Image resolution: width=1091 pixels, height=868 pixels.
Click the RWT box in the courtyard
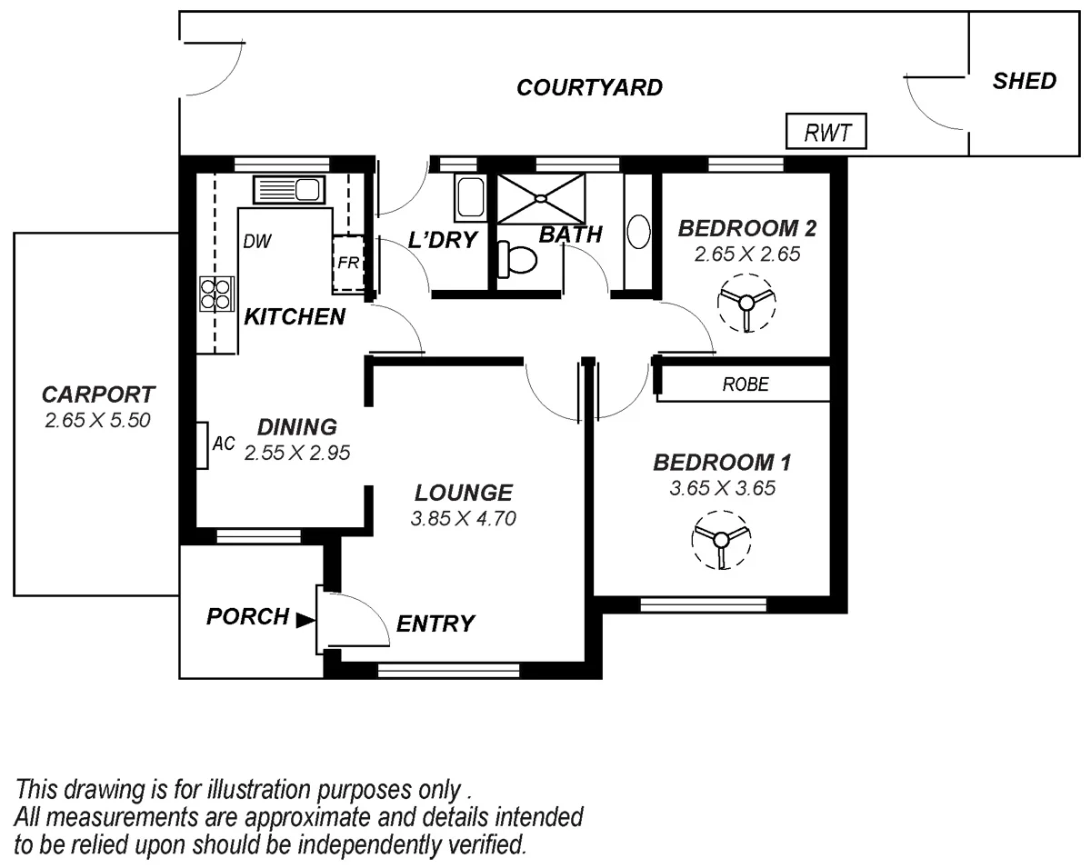(x=826, y=133)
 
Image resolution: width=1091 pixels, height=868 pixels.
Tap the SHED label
(x=1025, y=81)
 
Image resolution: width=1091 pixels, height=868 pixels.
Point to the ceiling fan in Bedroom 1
(x=721, y=540)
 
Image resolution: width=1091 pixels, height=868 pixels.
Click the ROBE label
(x=746, y=384)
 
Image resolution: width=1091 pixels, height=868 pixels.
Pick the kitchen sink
(x=287, y=190)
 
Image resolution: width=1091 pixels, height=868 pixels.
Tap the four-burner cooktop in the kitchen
(x=215, y=294)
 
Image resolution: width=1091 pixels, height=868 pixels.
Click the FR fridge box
(x=348, y=263)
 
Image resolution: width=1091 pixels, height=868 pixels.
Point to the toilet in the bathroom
(x=517, y=259)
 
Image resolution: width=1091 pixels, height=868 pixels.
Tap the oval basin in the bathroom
(x=639, y=232)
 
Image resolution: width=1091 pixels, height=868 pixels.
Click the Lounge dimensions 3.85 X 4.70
(x=464, y=519)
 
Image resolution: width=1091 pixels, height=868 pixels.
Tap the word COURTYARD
(x=589, y=88)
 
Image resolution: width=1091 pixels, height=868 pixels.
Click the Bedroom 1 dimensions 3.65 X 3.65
(x=722, y=488)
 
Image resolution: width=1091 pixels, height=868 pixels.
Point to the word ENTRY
(x=435, y=624)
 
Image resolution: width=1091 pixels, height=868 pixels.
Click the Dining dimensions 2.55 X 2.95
(x=297, y=452)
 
